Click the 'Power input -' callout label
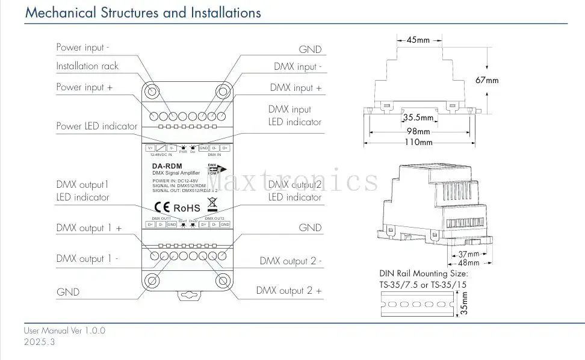(x=83, y=47)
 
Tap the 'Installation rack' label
(x=87, y=66)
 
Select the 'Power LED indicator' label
(x=96, y=126)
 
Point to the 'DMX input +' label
(x=295, y=88)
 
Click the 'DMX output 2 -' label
(x=291, y=261)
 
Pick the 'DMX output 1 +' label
(x=89, y=228)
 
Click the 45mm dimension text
(x=418, y=40)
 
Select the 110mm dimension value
(x=418, y=143)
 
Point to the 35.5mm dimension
(x=418, y=118)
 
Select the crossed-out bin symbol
(x=211, y=203)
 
